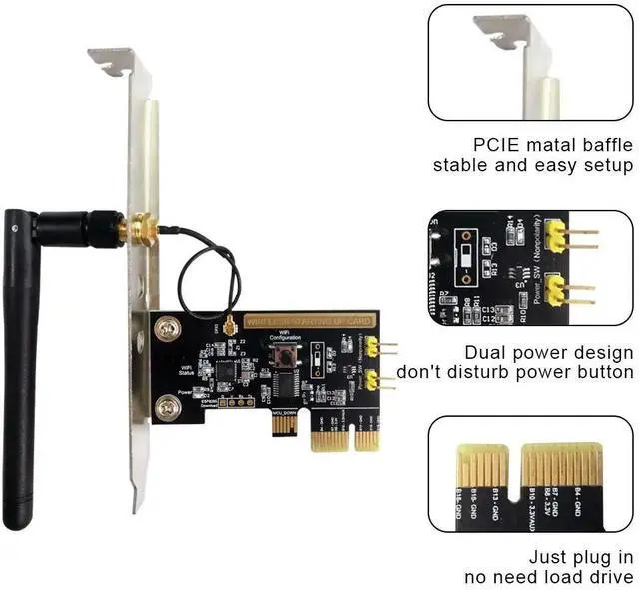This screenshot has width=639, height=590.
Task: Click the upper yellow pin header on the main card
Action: click(x=372, y=347)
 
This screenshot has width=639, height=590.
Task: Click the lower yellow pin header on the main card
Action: click(x=372, y=381)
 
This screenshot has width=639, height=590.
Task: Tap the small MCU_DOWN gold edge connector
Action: click(x=284, y=425)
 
